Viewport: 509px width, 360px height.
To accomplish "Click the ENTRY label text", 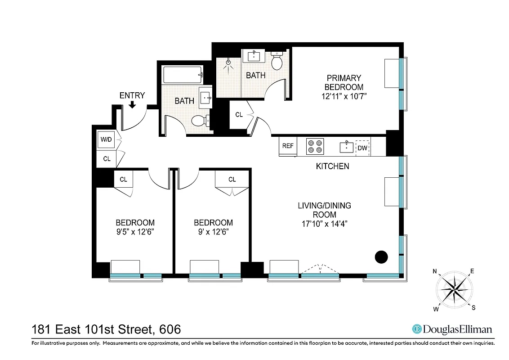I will click(x=132, y=95).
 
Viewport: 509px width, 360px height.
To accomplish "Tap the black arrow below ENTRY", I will click(x=132, y=105).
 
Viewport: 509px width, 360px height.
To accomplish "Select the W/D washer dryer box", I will click(x=106, y=139).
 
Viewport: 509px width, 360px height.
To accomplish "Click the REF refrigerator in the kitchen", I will click(x=288, y=146).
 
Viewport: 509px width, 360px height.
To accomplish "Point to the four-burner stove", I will click(x=315, y=146).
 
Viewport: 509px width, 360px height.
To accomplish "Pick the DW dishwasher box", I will click(x=362, y=147).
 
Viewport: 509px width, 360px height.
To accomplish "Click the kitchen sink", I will click(x=346, y=146).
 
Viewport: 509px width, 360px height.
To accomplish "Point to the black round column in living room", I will click(x=381, y=257).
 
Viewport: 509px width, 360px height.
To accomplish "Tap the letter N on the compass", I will click(x=435, y=271).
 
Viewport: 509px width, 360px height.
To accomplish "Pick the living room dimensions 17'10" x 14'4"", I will click(x=324, y=223).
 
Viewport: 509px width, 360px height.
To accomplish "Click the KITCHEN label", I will click(x=332, y=166).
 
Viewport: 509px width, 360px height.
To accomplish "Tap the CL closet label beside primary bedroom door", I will click(x=239, y=115).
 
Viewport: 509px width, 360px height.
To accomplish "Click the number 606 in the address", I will click(x=167, y=329).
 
